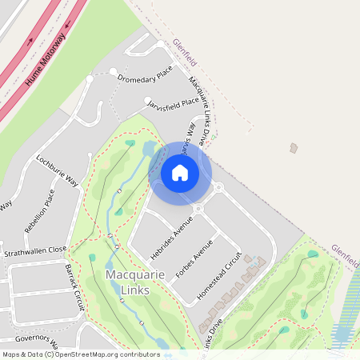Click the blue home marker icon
pos(180,173)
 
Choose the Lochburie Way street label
pos(57,170)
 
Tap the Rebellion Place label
pos(40,210)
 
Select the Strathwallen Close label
pos(34,250)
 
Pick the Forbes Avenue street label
pos(194,258)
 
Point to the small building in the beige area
pos(294,147)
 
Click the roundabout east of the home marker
pos(218,187)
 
